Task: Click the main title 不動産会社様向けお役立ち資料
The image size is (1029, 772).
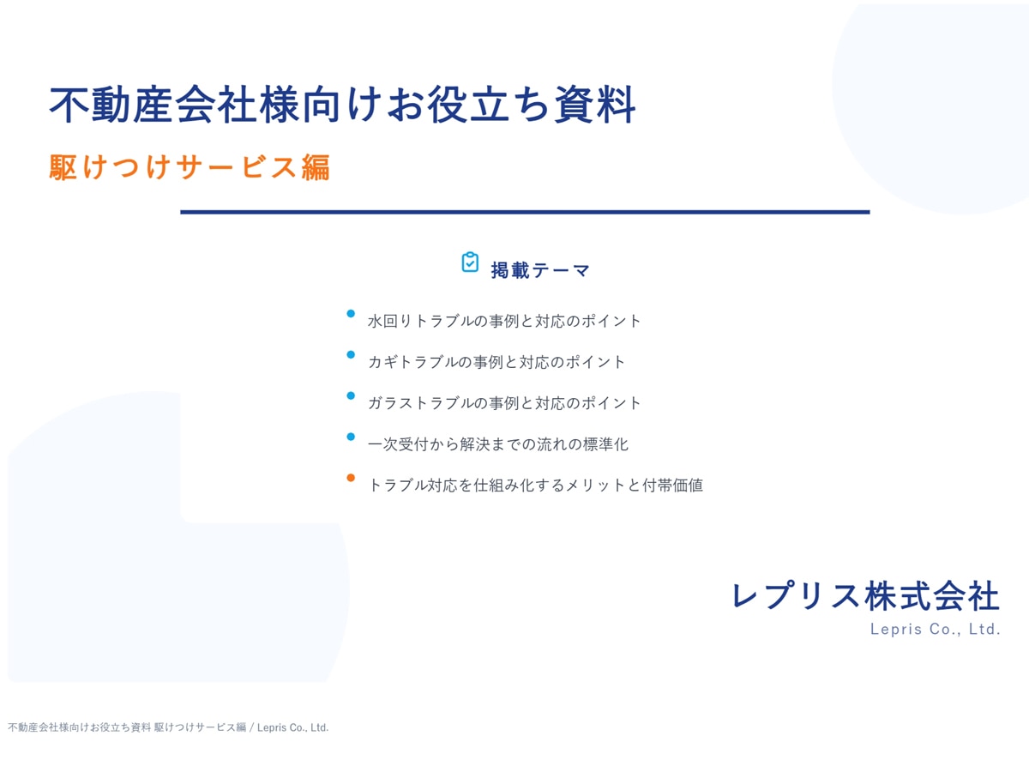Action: tap(342, 105)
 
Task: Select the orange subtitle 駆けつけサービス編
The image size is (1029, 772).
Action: tap(190, 167)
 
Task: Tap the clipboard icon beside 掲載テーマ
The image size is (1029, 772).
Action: tap(470, 262)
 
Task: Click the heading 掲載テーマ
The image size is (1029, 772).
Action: tap(540, 270)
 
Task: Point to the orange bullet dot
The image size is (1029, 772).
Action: tap(351, 478)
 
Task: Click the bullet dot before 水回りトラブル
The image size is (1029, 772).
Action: tap(351, 314)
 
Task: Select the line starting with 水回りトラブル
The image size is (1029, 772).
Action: tap(504, 321)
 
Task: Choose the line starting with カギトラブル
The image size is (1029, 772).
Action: tap(496, 362)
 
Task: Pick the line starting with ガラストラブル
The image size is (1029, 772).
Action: tap(504, 403)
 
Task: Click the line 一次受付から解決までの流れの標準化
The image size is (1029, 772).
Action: tap(498, 443)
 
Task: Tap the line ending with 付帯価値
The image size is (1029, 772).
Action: tap(535, 486)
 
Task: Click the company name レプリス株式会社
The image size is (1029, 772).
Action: tap(865, 596)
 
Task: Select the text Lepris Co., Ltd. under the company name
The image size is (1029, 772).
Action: tap(936, 629)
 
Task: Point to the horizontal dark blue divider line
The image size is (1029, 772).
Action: tap(525, 213)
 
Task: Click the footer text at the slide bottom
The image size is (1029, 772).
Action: tap(168, 727)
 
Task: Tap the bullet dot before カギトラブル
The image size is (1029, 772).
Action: tap(351, 354)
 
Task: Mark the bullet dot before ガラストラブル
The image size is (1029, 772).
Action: tap(351, 395)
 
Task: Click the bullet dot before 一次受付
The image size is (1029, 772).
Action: tap(351, 437)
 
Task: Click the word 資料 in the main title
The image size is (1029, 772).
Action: tap(594, 105)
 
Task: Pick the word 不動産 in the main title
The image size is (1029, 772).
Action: tap(111, 105)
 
